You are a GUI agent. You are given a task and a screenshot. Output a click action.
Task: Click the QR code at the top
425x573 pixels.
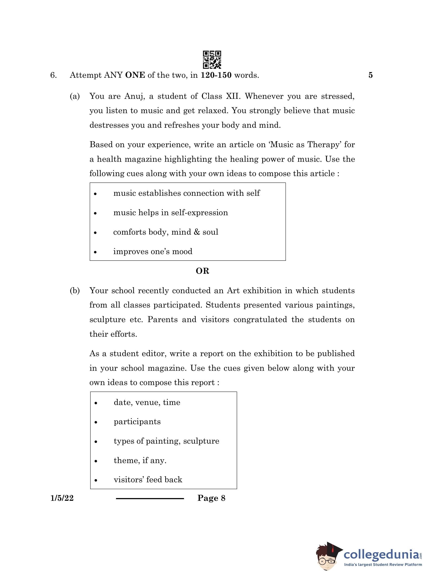tap(212, 60)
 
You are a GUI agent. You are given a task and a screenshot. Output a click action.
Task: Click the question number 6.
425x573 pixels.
tap(53, 75)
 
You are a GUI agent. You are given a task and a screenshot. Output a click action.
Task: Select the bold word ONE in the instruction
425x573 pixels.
tap(135, 75)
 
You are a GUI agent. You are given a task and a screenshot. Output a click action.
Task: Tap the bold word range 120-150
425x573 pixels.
tap(216, 75)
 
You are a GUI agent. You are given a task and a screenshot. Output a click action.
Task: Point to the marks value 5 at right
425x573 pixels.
tap(370, 75)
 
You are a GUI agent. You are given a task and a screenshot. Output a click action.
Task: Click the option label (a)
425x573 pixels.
tap(75, 96)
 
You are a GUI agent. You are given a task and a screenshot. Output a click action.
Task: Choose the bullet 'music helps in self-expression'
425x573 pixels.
tap(171, 213)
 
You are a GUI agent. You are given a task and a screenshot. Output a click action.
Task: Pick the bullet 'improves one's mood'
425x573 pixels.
tap(153, 251)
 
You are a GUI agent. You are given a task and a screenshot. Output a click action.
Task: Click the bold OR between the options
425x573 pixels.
tap(202, 271)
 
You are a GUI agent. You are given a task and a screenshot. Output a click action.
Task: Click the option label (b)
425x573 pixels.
tap(75, 291)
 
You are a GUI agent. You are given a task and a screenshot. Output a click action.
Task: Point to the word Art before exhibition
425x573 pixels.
tap(233, 291)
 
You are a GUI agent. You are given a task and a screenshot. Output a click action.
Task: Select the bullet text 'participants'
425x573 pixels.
tap(137, 422)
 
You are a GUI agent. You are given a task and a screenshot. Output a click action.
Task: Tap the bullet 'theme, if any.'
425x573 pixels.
tap(140, 460)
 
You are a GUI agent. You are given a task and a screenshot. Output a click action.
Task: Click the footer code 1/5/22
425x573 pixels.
tap(62, 498)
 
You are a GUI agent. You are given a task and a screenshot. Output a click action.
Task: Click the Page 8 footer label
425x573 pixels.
tap(211, 498)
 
